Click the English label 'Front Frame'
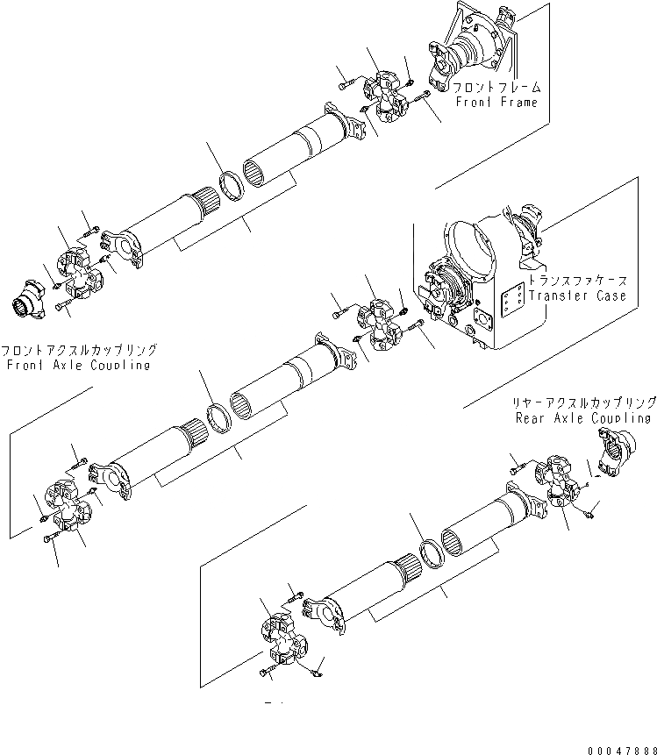coord(496,103)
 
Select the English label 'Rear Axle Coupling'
coord(583,418)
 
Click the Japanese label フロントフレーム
coord(496,88)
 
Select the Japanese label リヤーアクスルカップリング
coord(584,402)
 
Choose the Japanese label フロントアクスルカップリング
coord(79,349)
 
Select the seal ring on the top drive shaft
coord(232,187)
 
